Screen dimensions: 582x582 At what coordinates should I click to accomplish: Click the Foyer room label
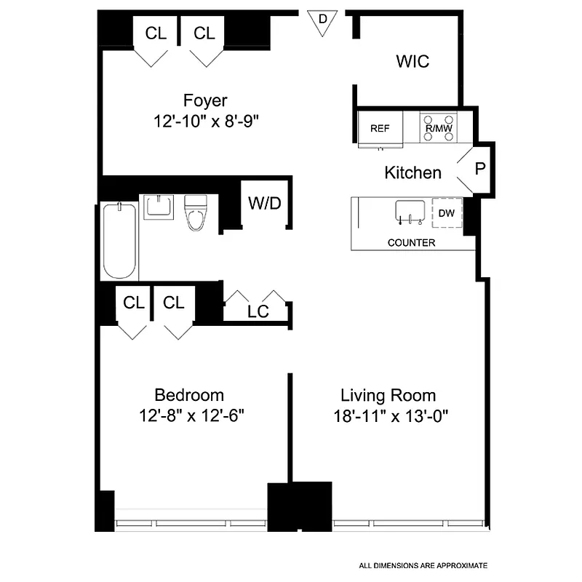(205, 100)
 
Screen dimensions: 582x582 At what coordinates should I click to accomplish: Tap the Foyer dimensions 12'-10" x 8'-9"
(207, 121)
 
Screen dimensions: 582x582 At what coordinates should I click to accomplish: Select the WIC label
(412, 61)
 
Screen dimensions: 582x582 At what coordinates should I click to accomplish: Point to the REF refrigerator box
(380, 128)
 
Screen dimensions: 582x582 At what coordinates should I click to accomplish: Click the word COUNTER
(411, 243)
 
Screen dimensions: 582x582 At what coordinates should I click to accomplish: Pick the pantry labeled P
(479, 169)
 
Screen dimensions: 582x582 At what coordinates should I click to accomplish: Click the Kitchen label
(412, 172)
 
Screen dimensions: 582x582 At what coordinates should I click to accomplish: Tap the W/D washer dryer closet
(264, 204)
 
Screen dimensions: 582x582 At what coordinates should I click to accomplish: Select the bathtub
(119, 240)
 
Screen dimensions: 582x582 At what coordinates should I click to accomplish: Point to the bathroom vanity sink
(159, 206)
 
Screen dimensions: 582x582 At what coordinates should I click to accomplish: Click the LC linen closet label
(258, 311)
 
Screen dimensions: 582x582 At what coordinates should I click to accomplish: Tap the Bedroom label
(189, 395)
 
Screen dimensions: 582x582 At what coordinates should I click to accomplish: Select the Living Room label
(388, 396)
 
